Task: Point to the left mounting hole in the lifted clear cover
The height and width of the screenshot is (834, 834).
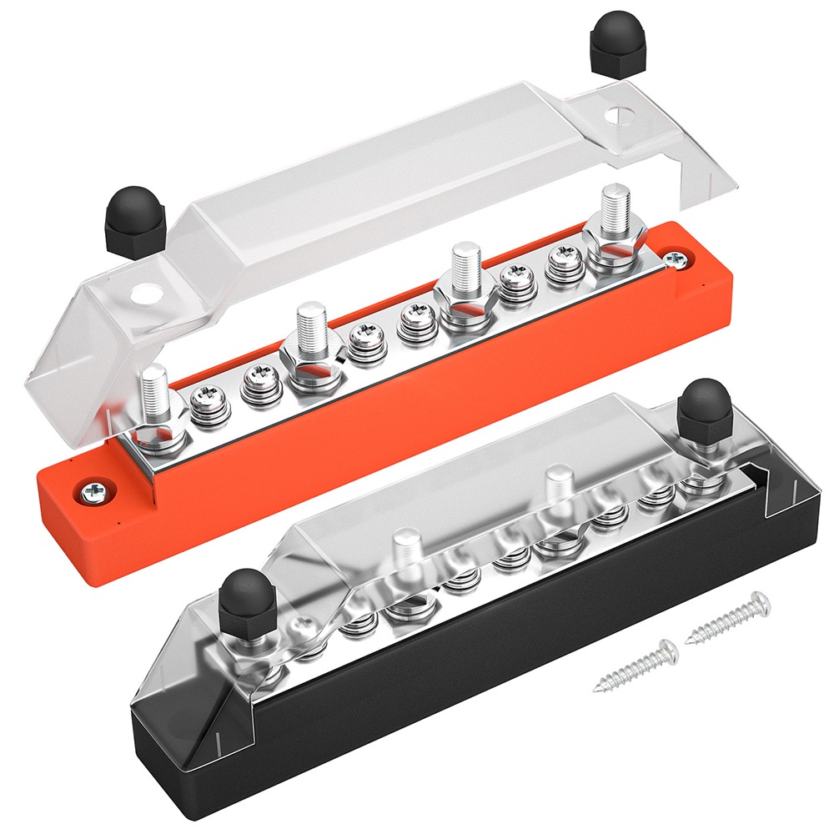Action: point(151,294)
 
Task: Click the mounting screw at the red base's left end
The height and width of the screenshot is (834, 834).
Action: point(89,491)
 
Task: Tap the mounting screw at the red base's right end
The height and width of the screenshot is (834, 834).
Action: point(678,261)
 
